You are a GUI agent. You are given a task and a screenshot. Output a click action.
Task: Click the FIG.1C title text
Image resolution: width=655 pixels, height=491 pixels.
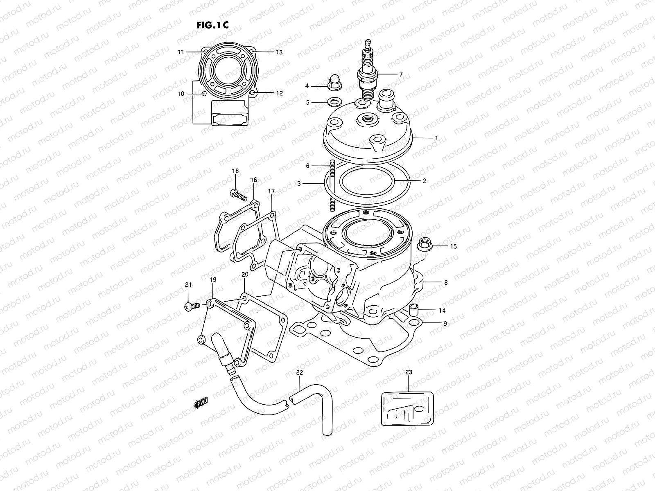pyautogui.click(x=212, y=25)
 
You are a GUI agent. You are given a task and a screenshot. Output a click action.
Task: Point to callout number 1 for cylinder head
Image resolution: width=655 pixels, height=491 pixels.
pyautogui.click(x=436, y=138)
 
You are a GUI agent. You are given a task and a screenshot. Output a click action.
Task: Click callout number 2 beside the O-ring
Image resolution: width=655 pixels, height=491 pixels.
pyautogui.click(x=425, y=180)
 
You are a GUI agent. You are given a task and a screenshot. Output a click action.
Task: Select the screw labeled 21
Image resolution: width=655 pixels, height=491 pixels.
pyautogui.click(x=192, y=306)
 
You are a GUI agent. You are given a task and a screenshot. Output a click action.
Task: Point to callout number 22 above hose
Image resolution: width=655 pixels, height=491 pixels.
pyautogui.click(x=299, y=372)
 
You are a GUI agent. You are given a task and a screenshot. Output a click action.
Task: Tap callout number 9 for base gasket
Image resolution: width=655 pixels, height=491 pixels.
pyautogui.click(x=445, y=323)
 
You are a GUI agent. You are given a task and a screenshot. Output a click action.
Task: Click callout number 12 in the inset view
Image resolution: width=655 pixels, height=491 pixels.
pyautogui.click(x=279, y=93)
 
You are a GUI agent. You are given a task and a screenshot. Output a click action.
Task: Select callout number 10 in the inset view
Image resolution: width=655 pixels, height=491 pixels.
pyautogui.click(x=181, y=94)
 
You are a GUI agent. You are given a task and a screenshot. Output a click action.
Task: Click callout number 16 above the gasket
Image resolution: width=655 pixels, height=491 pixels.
pyautogui.click(x=254, y=180)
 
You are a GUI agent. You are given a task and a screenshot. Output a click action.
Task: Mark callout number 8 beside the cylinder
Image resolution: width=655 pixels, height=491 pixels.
pyautogui.click(x=445, y=282)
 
